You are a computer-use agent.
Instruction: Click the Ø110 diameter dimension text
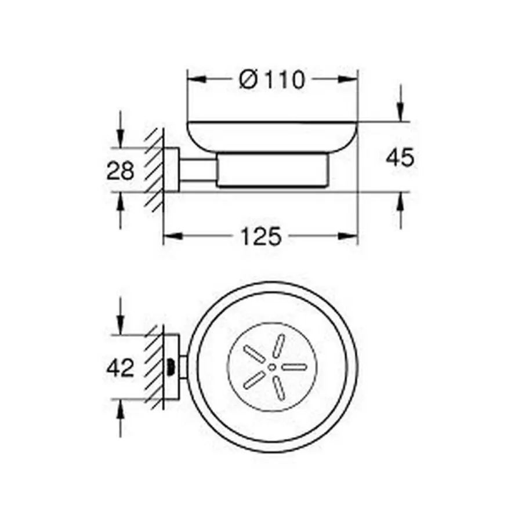pyautogui.click(x=271, y=79)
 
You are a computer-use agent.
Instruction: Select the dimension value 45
pyautogui.click(x=400, y=157)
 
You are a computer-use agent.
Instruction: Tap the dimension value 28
pyautogui.click(x=120, y=171)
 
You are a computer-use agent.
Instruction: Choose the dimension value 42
pyautogui.click(x=120, y=367)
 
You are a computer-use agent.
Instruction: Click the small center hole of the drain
pyautogui.click(x=272, y=367)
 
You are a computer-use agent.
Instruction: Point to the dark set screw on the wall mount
pyautogui.click(x=171, y=367)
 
